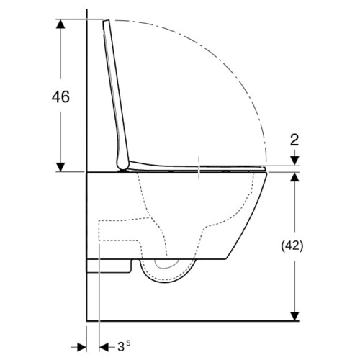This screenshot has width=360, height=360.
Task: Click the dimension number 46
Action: [60, 96]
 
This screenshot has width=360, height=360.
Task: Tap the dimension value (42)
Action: [292, 246]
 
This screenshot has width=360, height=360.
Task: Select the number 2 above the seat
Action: [294, 140]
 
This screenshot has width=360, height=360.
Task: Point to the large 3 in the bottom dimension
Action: [121, 347]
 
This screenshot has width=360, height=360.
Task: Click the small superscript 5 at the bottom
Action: [128, 343]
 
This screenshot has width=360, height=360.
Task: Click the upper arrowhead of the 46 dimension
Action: [60, 24]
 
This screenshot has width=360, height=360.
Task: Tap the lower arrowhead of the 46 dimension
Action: [60, 167]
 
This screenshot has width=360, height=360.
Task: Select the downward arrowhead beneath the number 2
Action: [294, 161]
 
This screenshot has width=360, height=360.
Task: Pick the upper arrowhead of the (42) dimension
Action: [294, 177]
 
